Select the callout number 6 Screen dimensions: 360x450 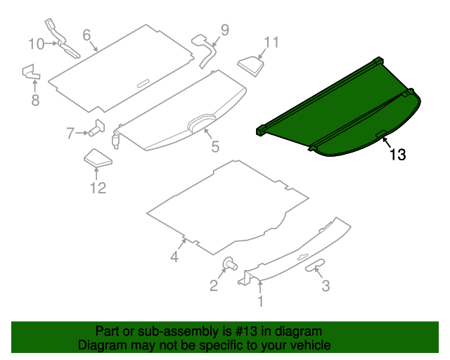[86, 34]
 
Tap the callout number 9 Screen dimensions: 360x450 [224, 30]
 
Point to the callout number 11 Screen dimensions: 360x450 [271, 42]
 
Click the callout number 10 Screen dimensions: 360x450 [35, 44]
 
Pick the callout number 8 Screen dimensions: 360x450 [35, 100]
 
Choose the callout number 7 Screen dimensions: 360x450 [70, 133]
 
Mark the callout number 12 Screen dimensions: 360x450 [97, 187]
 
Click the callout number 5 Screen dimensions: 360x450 [215, 147]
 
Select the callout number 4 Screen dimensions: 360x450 [174, 257]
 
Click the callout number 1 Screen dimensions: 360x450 [260, 302]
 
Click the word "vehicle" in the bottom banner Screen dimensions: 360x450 [307, 345]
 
